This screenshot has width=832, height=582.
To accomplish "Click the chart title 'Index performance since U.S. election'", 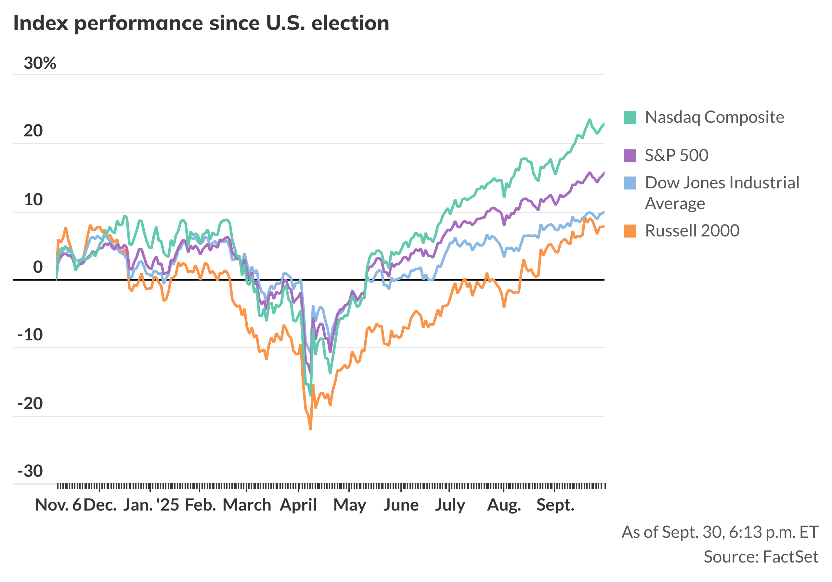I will [201, 23].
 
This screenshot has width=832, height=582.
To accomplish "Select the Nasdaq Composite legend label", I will [714, 117].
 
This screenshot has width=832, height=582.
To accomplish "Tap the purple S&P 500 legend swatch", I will [630, 155].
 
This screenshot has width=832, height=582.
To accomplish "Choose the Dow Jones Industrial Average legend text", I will [722, 193].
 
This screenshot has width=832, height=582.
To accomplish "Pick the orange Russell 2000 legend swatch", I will [630, 231].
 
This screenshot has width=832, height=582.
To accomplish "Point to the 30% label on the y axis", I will [40, 63].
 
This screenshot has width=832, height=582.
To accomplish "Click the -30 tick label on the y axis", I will [31, 471].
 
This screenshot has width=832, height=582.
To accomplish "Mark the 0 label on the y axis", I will [38, 267].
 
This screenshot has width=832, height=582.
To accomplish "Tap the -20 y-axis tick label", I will [31, 403].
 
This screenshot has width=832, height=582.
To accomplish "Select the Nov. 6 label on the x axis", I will [58, 505].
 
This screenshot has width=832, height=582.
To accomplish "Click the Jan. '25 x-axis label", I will [151, 505].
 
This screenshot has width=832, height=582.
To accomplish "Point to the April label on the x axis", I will [298, 505].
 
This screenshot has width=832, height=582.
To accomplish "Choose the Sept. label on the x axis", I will [555, 505].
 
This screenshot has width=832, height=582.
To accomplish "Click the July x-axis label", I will [450, 505].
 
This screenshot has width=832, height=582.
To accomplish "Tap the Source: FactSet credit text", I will [760, 557].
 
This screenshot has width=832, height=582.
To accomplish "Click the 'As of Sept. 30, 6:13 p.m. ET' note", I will [720, 532].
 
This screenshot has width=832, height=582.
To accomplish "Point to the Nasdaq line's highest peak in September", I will [590, 120].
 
